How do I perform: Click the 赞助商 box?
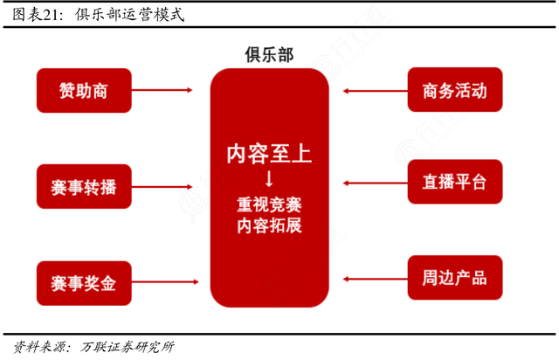click(x=83, y=90)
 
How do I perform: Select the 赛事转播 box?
click(x=83, y=187)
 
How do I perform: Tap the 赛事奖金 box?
click(x=83, y=283)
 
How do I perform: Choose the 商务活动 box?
click(x=454, y=90)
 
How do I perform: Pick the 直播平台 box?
click(x=454, y=183)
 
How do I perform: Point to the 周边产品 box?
click(x=454, y=279)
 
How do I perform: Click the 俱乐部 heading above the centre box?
click(x=268, y=54)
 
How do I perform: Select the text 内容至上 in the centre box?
click(x=268, y=154)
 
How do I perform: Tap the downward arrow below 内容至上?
click(x=268, y=179)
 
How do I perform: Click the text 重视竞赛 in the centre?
click(x=268, y=206)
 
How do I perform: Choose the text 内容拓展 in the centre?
click(x=268, y=226)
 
